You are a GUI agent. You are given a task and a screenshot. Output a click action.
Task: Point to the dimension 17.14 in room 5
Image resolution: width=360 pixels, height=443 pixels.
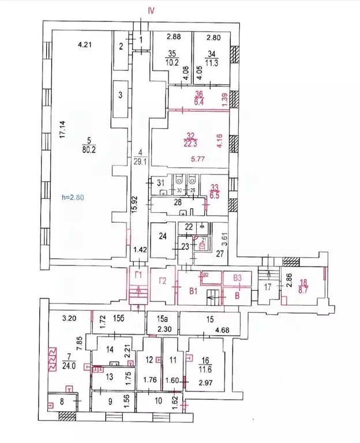(x=65, y=131)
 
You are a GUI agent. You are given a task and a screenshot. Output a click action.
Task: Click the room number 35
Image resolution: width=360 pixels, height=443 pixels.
(x=171, y=53)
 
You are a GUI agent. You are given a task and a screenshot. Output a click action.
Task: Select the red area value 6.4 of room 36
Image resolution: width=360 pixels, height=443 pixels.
(x=199, y=103)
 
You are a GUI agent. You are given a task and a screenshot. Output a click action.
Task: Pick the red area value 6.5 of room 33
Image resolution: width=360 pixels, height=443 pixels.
(x=215, y=195)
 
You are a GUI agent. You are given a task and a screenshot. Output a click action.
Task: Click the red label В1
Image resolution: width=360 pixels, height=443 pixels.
(x=192, y=291)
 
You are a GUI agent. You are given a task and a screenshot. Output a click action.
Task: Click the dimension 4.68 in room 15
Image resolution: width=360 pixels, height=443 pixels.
(x=222, y=331)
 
